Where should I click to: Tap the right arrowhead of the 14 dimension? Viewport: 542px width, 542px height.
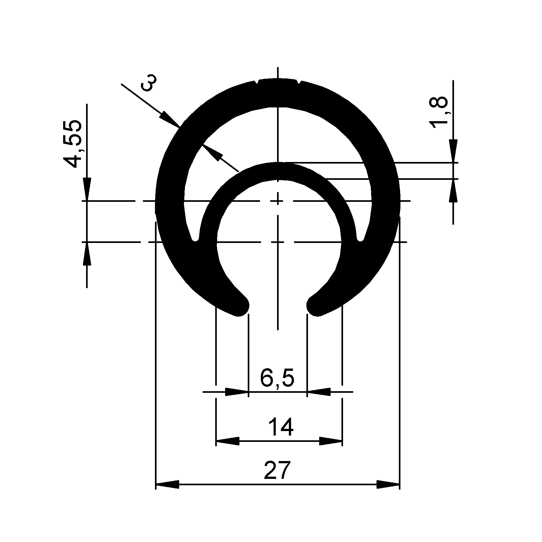click(x=331, y=441)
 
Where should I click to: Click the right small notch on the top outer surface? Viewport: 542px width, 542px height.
click(x=299, y=82)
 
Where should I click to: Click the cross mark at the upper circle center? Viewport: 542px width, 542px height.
click(x=278, y=201)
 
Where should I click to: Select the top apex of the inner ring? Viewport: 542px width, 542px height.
click(x=278, y=164)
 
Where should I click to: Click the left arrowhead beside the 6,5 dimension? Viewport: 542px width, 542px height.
click(x=237, y=392)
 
